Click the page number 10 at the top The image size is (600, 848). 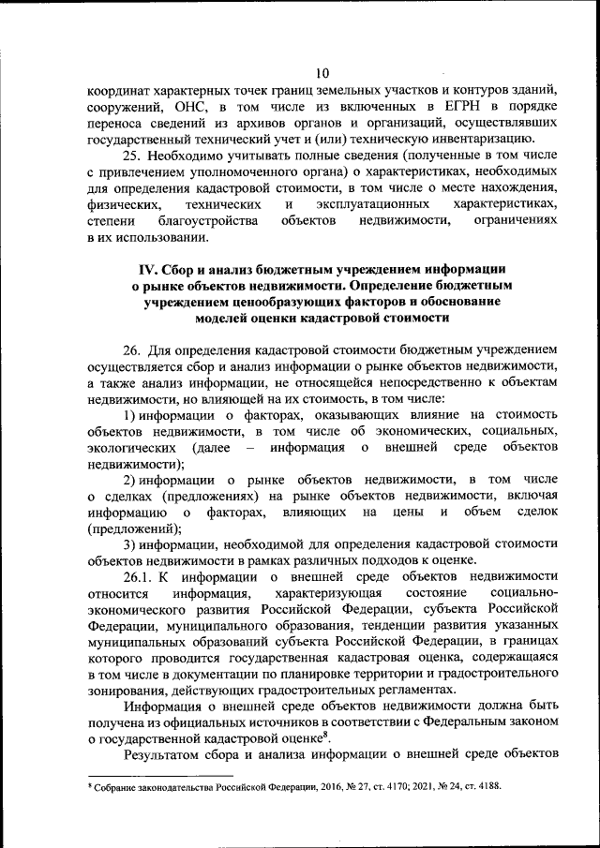pyautogui.click(x=322, y=73)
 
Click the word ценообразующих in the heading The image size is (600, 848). pyautogui.click(x=278, y=302)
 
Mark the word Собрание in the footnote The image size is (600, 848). pyautogui.click(x=115, y=786)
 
